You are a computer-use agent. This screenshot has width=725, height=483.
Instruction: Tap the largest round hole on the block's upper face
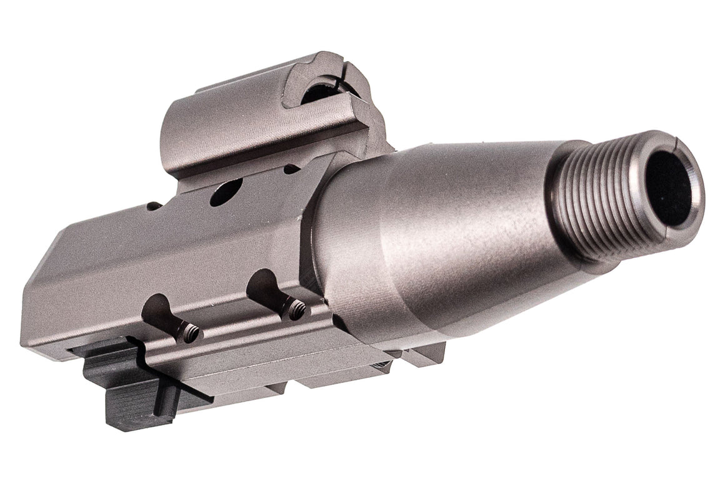point(226,192)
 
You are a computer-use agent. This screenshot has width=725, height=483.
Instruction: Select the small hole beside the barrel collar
point(291,169)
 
